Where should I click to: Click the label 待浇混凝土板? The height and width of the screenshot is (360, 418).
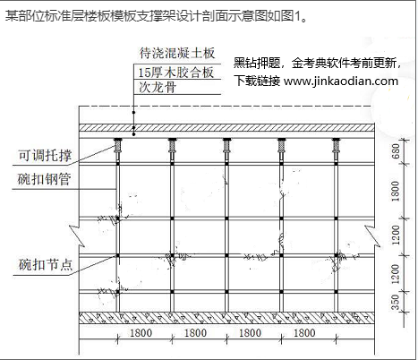coord(177,53)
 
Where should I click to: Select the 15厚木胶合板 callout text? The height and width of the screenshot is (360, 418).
coord(176,73)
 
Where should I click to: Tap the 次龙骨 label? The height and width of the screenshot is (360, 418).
coord(158,87)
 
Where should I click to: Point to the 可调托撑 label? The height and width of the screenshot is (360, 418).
coord(45,156)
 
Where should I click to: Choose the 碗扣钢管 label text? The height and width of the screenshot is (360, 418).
coord(44,179)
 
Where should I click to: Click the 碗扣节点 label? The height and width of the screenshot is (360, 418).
coord(46,264)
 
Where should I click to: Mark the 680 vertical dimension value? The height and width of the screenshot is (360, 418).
coord(396,151)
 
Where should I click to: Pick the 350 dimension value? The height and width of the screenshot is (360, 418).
coord(395,302)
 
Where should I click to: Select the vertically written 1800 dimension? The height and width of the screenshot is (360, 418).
coord(395,191)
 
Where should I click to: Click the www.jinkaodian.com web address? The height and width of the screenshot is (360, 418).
coord(341,81)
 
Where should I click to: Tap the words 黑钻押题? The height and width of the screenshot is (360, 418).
coord(257,63)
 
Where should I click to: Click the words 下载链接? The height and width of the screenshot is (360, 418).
coord(257,81)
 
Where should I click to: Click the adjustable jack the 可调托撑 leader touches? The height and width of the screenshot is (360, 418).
coord(118,147)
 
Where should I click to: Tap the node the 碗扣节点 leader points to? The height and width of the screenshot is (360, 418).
coord(118,256)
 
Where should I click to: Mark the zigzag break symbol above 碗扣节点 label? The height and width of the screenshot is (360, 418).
coord(78,236)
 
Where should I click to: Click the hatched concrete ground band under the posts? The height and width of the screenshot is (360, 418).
coord(226,318)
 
